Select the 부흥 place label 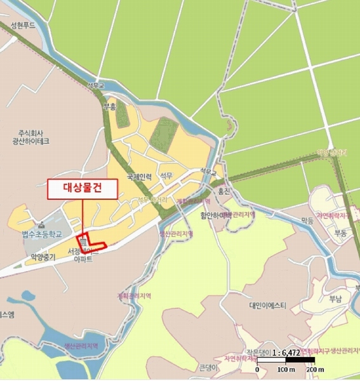click(x=110, y=106)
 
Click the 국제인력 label click(x=140, y=177)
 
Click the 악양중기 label click(x=43, y=257)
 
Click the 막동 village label click(x=308, y=221)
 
